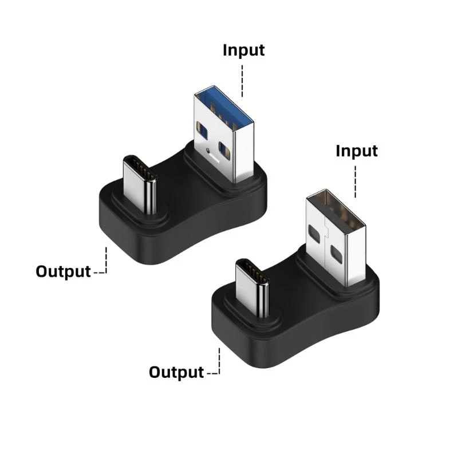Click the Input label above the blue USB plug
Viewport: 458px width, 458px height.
pos(243,50)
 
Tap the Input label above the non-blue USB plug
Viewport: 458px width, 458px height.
pos(356,151)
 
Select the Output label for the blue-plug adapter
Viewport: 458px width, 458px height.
pos(63,271)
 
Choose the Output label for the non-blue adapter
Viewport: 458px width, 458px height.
pos(176,373)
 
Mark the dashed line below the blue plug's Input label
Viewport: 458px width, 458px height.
pos(243,80)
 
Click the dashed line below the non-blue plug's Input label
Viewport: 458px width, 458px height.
pos(356,181)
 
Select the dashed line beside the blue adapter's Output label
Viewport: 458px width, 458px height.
pos(105,263)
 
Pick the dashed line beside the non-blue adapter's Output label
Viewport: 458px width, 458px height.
pos(218,364)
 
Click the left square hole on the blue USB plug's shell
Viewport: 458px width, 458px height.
pos(198,127)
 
